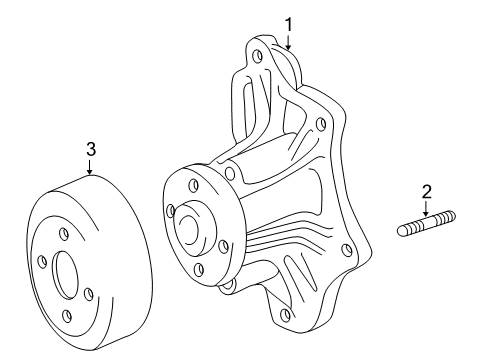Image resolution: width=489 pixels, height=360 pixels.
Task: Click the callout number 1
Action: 289,25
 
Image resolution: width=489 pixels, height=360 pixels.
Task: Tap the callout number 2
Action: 426,192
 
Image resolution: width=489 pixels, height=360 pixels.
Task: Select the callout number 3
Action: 91,149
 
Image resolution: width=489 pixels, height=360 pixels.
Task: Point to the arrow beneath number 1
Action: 288,42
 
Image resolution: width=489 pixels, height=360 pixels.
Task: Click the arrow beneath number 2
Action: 426,208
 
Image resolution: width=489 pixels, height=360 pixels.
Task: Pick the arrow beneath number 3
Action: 89,167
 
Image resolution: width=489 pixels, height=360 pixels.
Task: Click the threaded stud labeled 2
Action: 426,223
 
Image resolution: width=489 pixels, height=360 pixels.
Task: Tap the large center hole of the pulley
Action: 66,275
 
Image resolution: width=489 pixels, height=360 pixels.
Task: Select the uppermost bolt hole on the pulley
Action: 63,234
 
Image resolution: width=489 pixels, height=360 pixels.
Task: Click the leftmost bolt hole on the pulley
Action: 42,262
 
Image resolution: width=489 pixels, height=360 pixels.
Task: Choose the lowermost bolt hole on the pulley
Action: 67,315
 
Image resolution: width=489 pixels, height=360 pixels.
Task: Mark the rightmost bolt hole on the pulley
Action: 88,294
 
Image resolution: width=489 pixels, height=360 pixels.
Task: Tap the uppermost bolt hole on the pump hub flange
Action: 194,186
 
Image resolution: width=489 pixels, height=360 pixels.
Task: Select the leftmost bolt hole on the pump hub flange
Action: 171,211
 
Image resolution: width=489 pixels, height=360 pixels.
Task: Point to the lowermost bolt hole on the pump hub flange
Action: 199,269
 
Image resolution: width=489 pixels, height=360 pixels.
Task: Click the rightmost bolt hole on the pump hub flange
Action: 224,246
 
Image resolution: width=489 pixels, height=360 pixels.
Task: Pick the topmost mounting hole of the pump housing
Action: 257,57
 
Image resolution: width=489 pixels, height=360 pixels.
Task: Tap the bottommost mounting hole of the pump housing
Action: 285,314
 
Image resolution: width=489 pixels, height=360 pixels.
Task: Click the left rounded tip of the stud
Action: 399,231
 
